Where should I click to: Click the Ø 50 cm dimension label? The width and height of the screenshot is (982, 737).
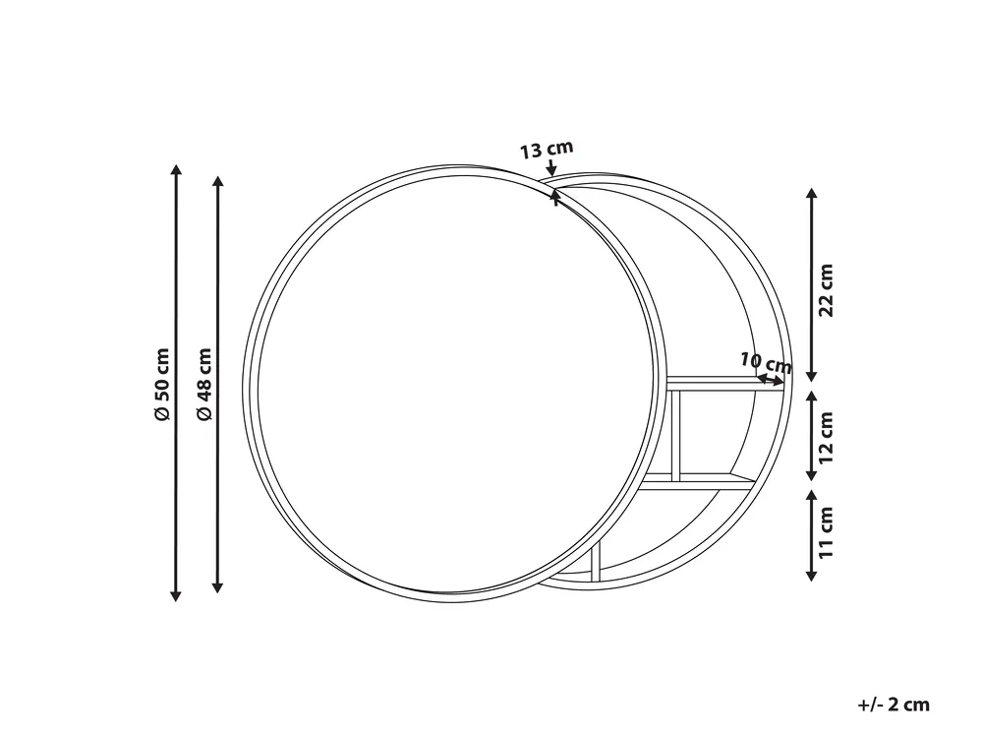[x=162, y=384]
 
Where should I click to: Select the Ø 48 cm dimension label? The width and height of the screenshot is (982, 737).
[x=204, y=384]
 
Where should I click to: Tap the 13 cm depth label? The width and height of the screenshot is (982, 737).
[x=547, y=150]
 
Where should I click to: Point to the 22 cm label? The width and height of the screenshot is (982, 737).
[x=827, y=290]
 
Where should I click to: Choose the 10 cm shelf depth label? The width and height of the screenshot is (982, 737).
[x=766, y=362]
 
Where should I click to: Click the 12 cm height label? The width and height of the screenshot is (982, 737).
[x=827, y=437]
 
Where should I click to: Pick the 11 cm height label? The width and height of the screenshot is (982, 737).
[x=827, y=532]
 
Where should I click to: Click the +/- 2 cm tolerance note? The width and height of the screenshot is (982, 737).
[x=894, y=705]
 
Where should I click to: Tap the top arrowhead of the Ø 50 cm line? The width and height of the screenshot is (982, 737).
[x=176, y=169]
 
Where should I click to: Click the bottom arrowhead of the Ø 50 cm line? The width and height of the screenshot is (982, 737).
[x=176, y=596]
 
